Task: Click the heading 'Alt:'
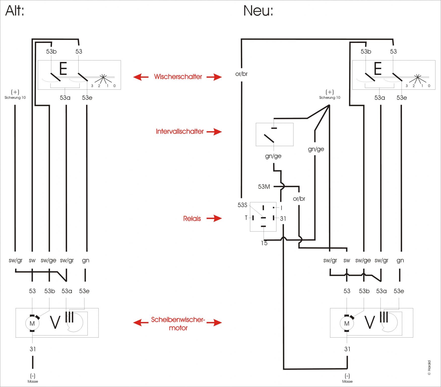click(15, 11)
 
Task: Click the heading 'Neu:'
click(258, 11)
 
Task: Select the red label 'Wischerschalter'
click(178, 77)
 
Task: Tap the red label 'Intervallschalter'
click(180, 132)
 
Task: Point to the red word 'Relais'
click(192, 218)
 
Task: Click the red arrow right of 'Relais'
click(214, 218)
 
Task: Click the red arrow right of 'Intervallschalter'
click(214, 132)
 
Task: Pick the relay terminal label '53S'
click(242, 205)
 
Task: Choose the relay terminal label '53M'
click(264, 187)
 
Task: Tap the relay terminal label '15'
click(264, 243)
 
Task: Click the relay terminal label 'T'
click(246, 218)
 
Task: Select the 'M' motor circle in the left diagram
click(32, 324)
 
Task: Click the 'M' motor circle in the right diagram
click(347, 324)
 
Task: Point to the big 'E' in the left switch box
click(63, 69)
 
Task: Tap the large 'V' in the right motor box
click(370, 322)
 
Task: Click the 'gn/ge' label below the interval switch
click(273, 156)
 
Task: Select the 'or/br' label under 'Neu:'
click(241, 74)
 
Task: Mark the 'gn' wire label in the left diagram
click(86, 261)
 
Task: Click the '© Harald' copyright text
click(429, 368)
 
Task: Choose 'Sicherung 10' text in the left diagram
click(15, 98)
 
